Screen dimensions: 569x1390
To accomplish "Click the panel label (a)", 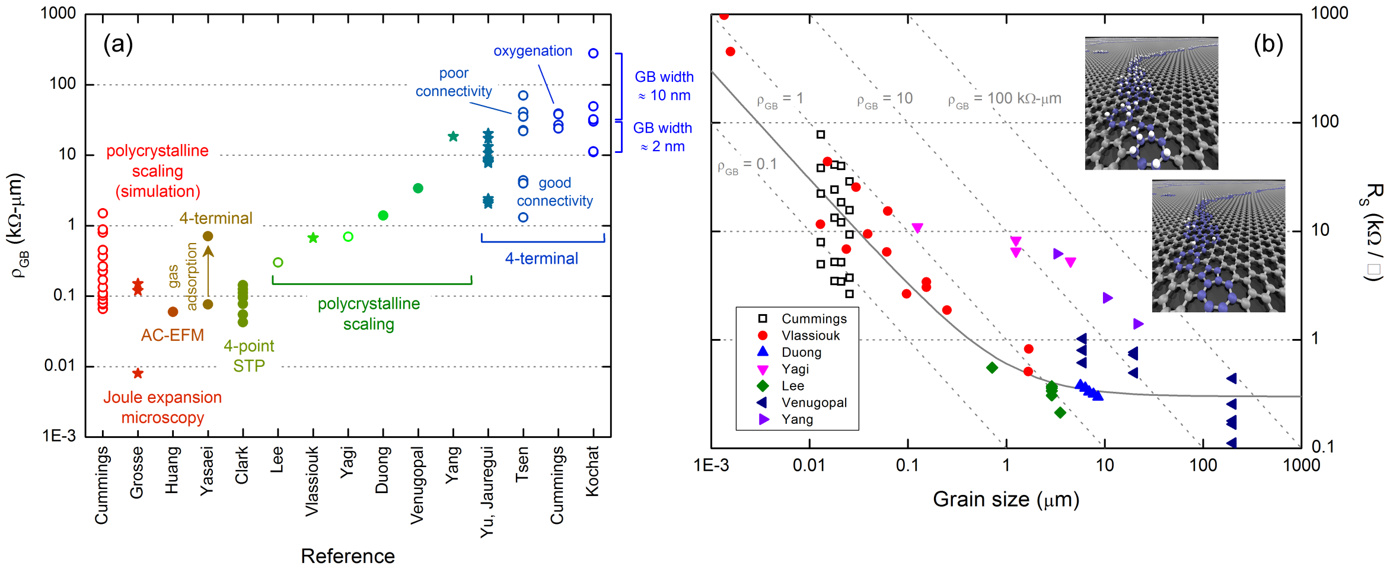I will [118, 44].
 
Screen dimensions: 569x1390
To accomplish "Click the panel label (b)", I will [1268, 44].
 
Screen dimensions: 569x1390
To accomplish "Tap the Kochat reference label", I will [592, 471].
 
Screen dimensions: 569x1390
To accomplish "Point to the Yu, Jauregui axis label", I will [487, 492].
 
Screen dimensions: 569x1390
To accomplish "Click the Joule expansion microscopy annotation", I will [162, 407].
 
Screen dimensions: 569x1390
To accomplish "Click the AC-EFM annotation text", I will [172, 335].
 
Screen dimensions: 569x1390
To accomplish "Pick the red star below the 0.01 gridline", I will [138, 373].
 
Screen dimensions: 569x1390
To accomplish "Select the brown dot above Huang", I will [173, 312].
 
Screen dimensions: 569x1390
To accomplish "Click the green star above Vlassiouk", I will [313, 238].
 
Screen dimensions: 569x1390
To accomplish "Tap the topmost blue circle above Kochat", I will [593, 53].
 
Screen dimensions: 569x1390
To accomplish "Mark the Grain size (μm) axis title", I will [1006, 500].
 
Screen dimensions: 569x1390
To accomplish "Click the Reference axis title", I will [347, 556].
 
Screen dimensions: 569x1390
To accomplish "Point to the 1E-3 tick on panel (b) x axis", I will [711, 465].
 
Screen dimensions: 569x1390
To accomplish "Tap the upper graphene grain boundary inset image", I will [1151, 103].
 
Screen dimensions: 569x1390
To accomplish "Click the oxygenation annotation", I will [533, 51].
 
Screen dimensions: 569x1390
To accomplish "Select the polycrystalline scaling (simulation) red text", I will [157, 171].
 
